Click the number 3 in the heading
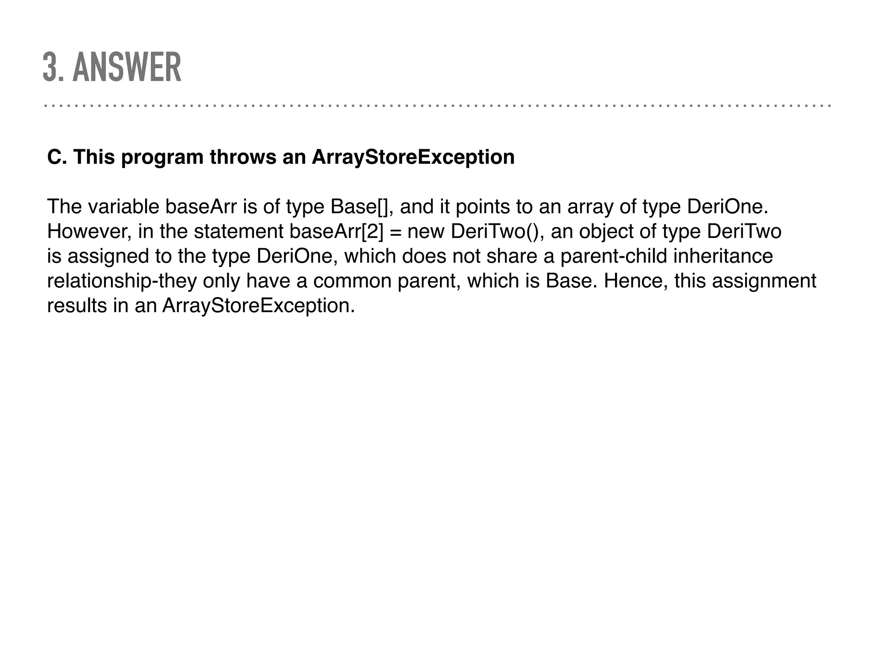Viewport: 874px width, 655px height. click(50, 67)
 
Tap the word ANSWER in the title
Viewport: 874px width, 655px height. click(127, 67)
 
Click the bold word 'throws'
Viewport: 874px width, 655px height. click(243, 157)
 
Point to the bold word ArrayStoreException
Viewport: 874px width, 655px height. click(413, 157)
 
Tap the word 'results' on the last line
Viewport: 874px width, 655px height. click(77, 306)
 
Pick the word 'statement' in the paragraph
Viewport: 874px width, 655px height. click(239, 232)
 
